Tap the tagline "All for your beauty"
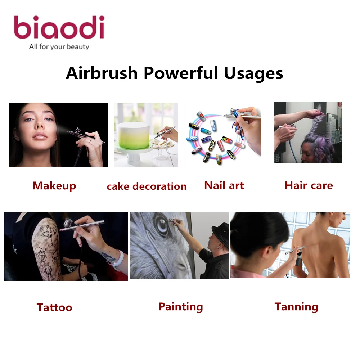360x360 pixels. point(59,46)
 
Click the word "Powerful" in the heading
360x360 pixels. point(181,73)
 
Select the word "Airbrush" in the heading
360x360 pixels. point(102,73)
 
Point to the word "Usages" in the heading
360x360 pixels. point(253,73)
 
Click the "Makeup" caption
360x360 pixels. point(54,186)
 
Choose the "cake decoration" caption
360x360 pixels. point(147,186)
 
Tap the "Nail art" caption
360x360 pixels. point(224,185)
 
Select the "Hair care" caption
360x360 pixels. point(309,185)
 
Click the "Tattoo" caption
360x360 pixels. point(54,307)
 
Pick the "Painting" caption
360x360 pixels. point(181,307)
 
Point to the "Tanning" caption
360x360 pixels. point(296,307)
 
